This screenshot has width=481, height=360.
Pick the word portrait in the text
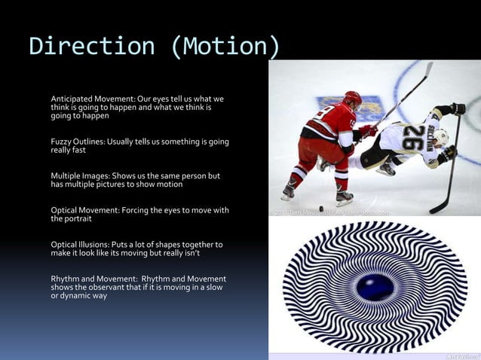point(79,219)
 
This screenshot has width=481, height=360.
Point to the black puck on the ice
point(321,209)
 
